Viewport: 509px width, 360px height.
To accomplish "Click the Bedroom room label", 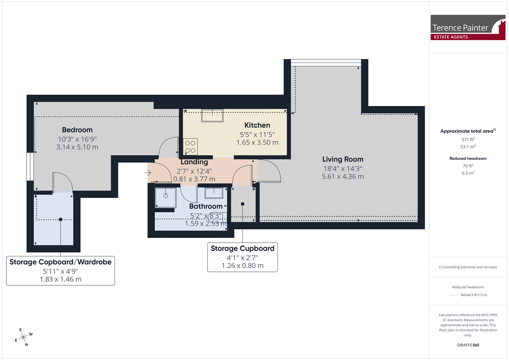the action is pos(77,130).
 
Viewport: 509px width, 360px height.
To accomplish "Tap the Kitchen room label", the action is pos(257,125).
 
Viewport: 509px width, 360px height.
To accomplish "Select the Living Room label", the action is pos(343,159).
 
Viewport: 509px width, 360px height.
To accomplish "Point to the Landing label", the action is pos(194,162).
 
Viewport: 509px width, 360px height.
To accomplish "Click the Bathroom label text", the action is pos(206,206).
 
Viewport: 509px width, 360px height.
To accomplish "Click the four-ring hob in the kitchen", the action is pos(190,147).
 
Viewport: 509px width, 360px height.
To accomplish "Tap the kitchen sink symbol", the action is pos(212,115).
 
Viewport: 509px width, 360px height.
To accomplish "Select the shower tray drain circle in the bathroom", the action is pos(166,196).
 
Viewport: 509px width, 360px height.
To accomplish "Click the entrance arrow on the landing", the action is pos(148,173).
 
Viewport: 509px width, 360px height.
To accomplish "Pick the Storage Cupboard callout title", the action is pos(242,248).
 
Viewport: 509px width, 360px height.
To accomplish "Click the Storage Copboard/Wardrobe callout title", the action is pos(60,262).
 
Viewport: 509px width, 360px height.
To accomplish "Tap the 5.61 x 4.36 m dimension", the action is pos(343,176).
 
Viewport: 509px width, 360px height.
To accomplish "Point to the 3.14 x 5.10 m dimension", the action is pos(77,147).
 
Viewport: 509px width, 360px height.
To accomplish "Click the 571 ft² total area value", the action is pos(468,139).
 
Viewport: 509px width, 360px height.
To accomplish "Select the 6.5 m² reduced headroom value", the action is pos(468,173).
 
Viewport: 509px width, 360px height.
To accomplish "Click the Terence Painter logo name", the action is pos(460,28).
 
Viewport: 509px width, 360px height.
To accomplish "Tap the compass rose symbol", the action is pos(23,337).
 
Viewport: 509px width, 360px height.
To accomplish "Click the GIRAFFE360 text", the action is pos(468,345).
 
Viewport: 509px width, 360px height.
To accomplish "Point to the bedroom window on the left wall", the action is pos(30,167).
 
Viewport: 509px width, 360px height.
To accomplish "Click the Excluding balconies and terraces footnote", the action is pos(468,267).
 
